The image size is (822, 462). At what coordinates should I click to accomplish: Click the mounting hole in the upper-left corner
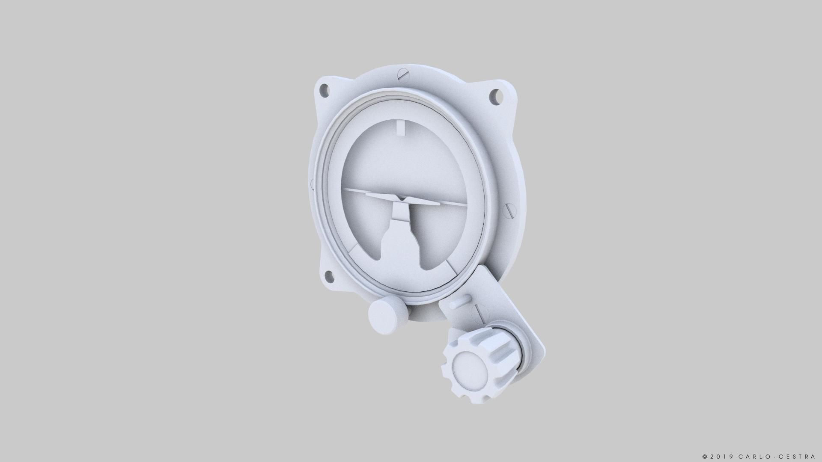tap(325, 89)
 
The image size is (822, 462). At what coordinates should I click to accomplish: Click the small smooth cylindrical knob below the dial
tap(385, 316)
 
